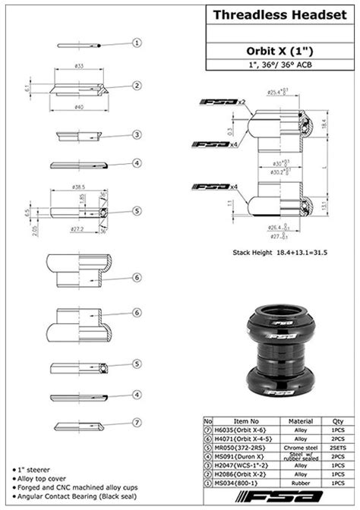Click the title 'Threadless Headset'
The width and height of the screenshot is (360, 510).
pyautogui.click(x=281, y=14)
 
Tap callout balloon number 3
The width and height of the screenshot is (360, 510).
pyautogui.click(x=137, y=134)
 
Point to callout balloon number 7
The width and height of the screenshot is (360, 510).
pyautogui.click(x=137, y=423)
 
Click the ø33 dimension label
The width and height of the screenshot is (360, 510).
pyautogui.click(x=78, y=67)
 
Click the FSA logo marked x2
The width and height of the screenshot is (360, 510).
pyautogui.click(x=219, y=102)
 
